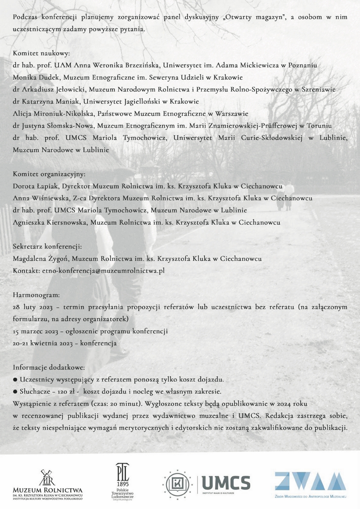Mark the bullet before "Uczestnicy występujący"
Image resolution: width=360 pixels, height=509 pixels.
pyautogui.click(x=15, y=379)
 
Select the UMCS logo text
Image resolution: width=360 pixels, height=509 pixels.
pyautogui.click(x=226, y=482)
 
